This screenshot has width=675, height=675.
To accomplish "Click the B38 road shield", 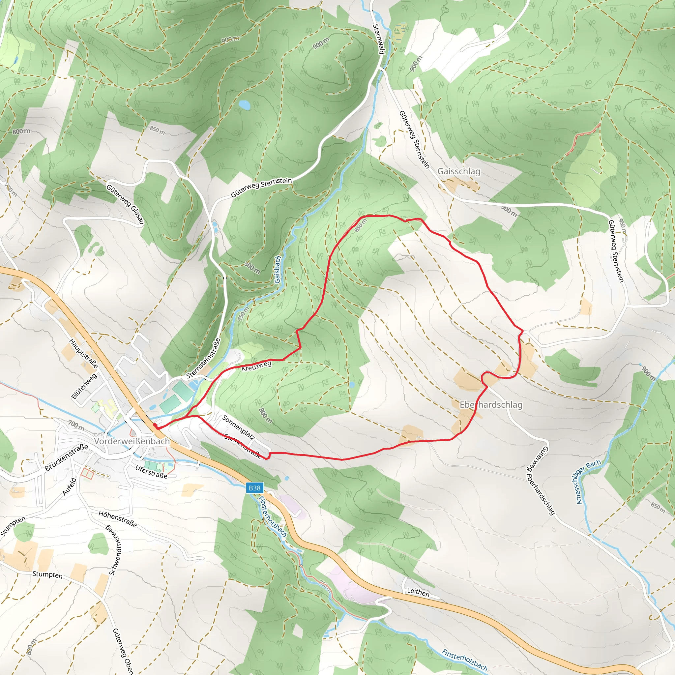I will pos(254,488).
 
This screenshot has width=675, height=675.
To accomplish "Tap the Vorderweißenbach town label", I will pos(132,441).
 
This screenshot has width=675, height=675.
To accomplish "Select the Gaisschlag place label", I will pos(459,171).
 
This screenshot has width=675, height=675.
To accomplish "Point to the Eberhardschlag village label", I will pos(491,405).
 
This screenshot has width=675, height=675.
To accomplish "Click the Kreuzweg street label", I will pos(256,366).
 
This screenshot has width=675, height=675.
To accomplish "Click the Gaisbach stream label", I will pos(278,269).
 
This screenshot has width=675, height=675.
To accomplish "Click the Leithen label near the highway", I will pos(418,592).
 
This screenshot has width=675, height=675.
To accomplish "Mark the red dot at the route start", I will pos(155,425).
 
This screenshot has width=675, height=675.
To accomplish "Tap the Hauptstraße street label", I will pos(83,353).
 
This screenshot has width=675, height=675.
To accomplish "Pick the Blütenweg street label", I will pos(84,386).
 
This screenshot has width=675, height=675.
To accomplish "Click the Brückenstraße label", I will pos(66,458).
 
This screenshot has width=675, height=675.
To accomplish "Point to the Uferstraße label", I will pos(151,472).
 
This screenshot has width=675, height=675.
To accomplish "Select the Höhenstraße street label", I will pos(117,519).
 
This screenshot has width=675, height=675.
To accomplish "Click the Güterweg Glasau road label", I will pos(125,204).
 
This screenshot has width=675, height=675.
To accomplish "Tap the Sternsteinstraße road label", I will pos(203,359).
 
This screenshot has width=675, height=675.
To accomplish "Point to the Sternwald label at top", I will pos(378,39).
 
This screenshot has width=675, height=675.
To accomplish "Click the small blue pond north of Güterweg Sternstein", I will pos(244,104).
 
